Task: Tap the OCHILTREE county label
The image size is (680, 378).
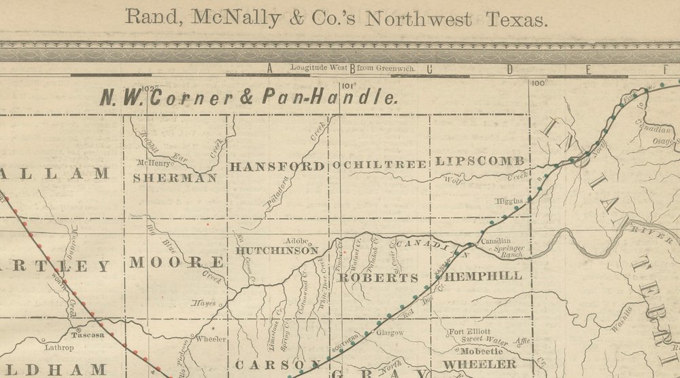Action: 379,165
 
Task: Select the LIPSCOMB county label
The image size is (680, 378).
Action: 480,162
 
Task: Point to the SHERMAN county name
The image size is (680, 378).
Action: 175,178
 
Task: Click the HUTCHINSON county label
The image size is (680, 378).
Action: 277,250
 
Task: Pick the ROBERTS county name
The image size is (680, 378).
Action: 379,278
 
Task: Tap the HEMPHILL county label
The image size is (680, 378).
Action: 486,276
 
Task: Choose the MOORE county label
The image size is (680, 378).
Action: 176,263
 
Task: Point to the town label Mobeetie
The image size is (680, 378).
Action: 481,352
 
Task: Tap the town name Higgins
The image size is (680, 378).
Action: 510,201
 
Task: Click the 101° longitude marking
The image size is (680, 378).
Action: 349,86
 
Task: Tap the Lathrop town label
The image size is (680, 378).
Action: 59,347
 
